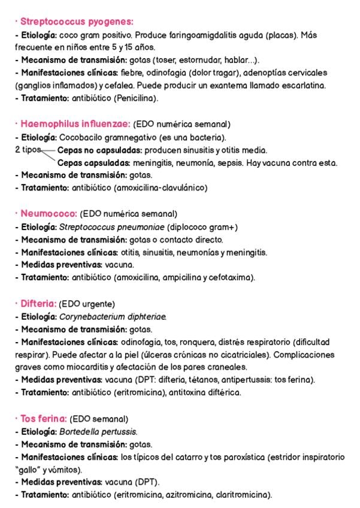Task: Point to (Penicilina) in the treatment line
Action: tap(137, 98)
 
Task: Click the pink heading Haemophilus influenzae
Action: tap(75, 124)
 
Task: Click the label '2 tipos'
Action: tap(28, 150)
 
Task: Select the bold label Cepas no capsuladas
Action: tap(99, 150)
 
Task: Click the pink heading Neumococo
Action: tap(49, 213)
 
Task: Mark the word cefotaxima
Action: tap(232, 277)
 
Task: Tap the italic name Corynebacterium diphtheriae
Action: tap(113, 317)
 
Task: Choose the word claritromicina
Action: tap(244, 495)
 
